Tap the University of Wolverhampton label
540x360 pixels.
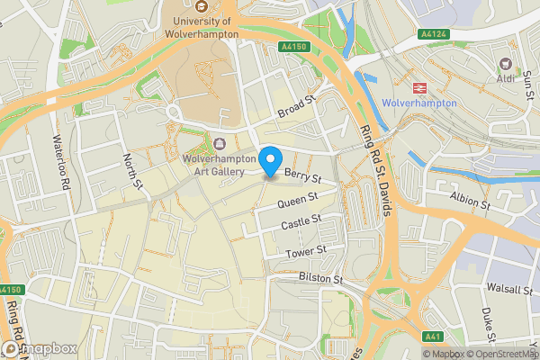point(201,27)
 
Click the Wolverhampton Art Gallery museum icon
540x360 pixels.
point(221,142)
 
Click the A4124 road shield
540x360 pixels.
point(434,34)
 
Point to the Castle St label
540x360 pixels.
point(301,220)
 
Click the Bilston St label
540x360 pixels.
point(321,280)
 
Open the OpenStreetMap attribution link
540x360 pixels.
point(499,354)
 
